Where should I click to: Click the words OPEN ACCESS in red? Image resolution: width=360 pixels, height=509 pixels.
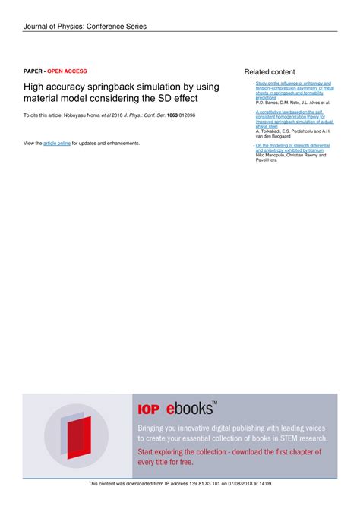(x=67, y=71)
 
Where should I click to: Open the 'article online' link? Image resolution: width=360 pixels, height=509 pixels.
(x=57, y=143)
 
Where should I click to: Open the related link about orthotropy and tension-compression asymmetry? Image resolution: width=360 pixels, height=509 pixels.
(x=293, y=90)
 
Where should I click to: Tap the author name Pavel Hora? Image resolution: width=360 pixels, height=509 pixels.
(x=267, y=160)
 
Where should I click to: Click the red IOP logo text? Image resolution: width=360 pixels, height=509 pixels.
(x=148, y=409)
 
